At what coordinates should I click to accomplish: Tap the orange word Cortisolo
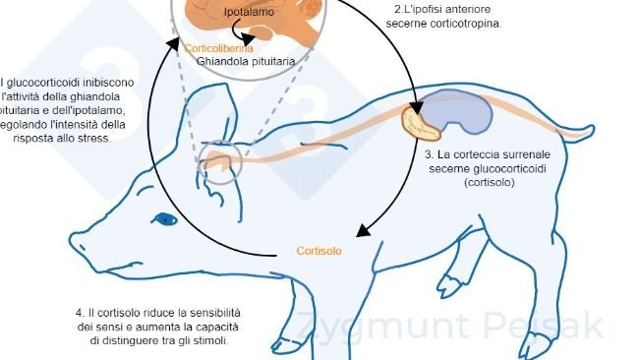[x=319, y=251]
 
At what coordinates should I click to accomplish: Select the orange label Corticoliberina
[x=218, y=48]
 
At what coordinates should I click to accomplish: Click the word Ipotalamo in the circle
[x=222, y=13]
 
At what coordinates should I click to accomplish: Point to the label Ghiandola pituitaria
[x=240, y=61]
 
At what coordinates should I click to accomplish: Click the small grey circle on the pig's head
[x=221, y=162]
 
